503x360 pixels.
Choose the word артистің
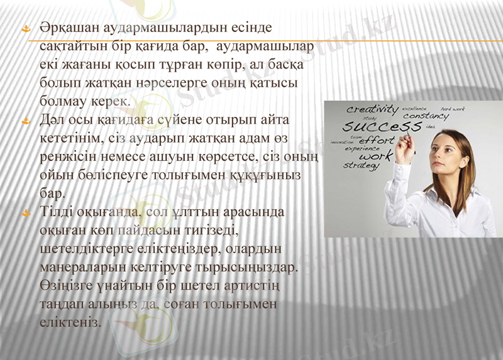coord(248,285)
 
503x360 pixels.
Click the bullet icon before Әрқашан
coord(26,29)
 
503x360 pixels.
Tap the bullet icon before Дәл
coord(26,119)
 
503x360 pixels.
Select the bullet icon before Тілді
coord(26,212)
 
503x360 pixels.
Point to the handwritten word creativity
coord(372,109)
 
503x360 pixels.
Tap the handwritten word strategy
coord(361,165)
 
